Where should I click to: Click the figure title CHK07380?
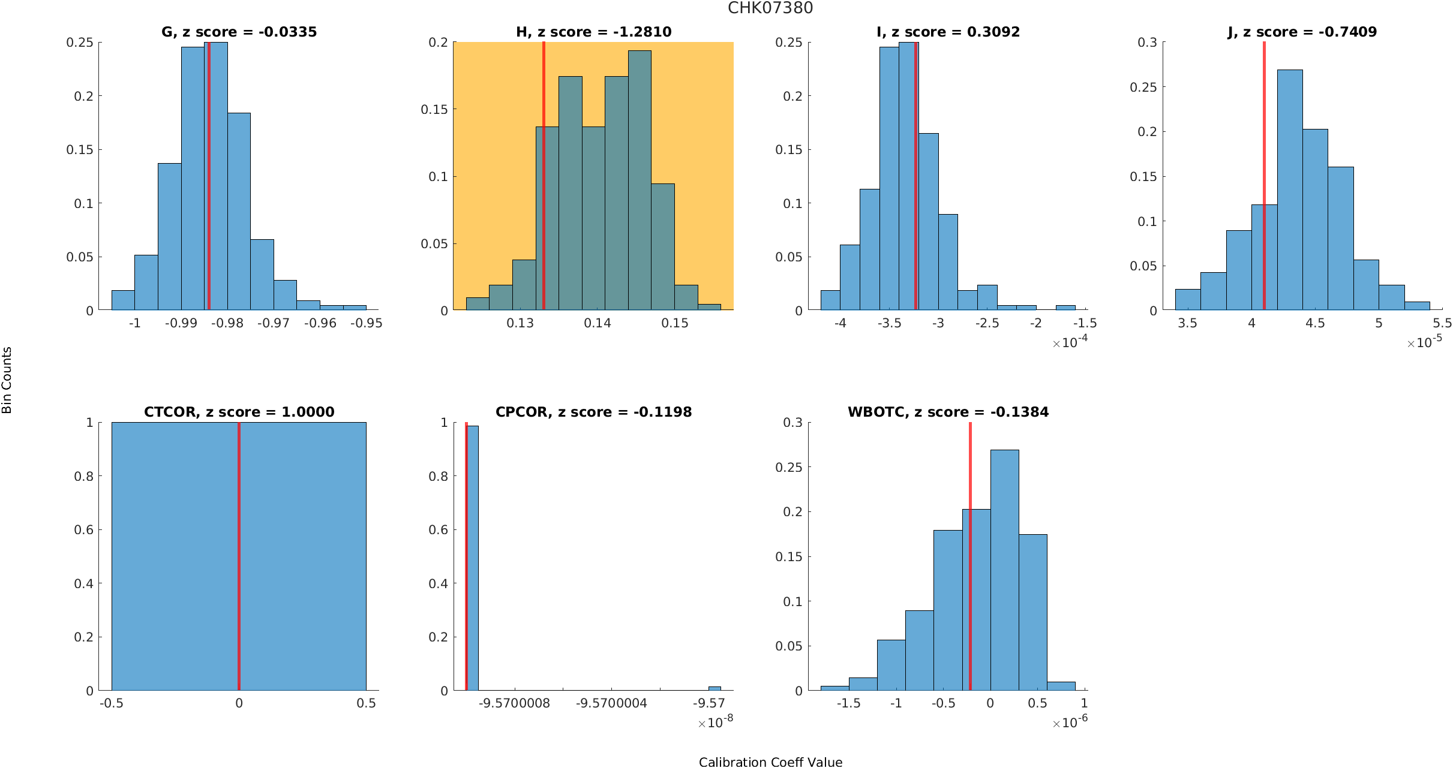coord(770,8)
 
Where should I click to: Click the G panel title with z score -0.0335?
coord(239,32)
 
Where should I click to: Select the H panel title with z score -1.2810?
coord(593,32)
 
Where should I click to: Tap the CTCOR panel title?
coord(239,412)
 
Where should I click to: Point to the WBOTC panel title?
coord(948,412)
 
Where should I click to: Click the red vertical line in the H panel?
coord(544,180)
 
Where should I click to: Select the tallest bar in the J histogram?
coord(1290,192)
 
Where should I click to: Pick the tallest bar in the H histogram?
coord(640,180)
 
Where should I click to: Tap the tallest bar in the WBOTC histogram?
coord(1004,570)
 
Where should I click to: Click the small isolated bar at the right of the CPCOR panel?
coord(715,688)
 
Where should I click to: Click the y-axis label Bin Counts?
coord(7,380)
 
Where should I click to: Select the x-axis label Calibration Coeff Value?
coord(770,761)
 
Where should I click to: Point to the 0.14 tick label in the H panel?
coord(598,323)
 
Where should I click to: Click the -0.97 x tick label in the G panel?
coord(274,323)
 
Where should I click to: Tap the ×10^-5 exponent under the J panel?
coord(1424,342)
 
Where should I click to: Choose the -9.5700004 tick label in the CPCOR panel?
coord(611,703)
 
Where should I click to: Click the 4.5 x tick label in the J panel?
coord(1315,323)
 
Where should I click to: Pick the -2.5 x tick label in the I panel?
coord(987,323)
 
